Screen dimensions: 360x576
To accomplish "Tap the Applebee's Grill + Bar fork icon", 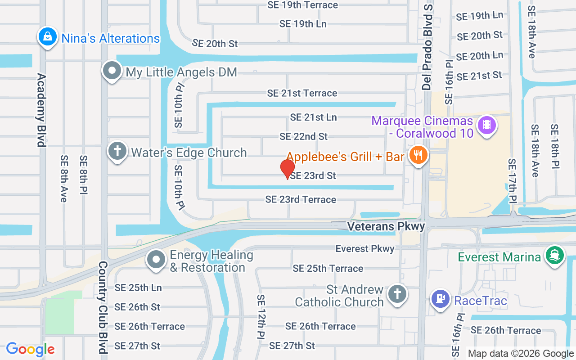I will point(418,156).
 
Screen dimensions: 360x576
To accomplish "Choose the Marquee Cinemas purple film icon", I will point(486,124).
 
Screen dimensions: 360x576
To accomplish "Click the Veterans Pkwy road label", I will point(386,226).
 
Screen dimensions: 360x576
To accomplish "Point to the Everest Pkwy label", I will point(364,248).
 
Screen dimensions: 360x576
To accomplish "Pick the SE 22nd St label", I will point(303,136).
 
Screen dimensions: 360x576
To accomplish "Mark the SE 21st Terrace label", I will point(302,93).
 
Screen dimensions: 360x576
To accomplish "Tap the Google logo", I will point(30,349).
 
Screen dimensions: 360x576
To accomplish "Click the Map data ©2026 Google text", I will point(520,353).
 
